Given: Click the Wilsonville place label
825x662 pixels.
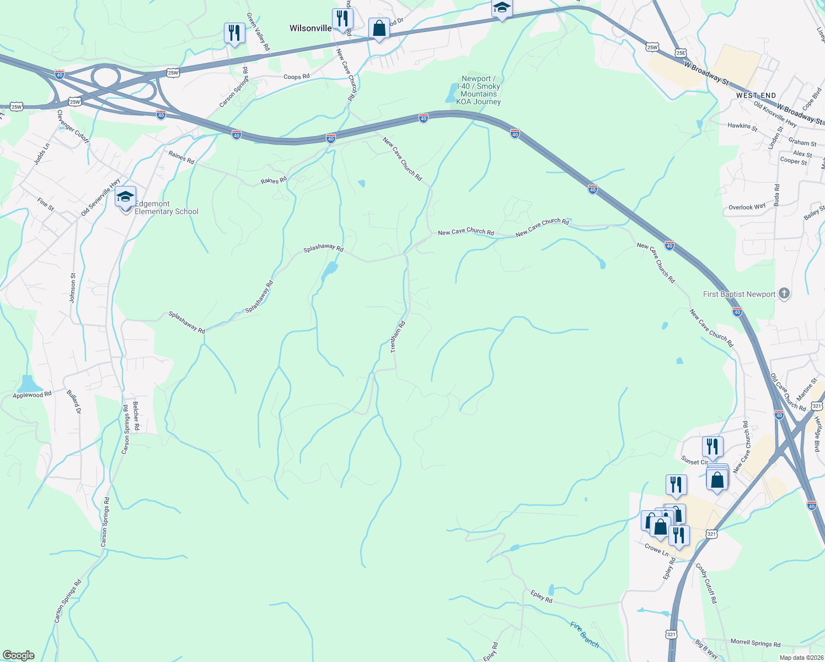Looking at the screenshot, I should (x=310, y=28).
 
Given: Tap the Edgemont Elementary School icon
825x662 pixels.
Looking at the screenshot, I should (x=125, y=197).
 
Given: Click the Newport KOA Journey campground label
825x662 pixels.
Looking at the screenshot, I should (x=479, y=90).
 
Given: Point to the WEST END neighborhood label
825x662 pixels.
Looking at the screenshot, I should (x=756, y=95).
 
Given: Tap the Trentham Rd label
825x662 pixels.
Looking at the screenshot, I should (x=398, y=337).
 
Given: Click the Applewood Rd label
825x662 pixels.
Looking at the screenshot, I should (x=32, y=395).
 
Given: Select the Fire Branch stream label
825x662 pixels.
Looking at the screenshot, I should (x=585, y=634).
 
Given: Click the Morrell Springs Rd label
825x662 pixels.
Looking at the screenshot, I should (x=755, y=643).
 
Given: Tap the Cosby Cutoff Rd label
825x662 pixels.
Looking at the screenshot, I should (x=706, y=583).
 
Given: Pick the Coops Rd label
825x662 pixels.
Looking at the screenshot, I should (x=296, y=77).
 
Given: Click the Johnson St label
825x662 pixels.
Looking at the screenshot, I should (x=73, y=287).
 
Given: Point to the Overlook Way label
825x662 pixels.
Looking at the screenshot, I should (x=747, y=207).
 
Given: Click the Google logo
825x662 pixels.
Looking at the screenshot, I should (x=18, y=655).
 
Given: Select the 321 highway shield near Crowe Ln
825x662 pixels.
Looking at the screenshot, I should (x=711, y=534).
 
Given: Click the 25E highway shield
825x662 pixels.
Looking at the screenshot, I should (x=681, y=53).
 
